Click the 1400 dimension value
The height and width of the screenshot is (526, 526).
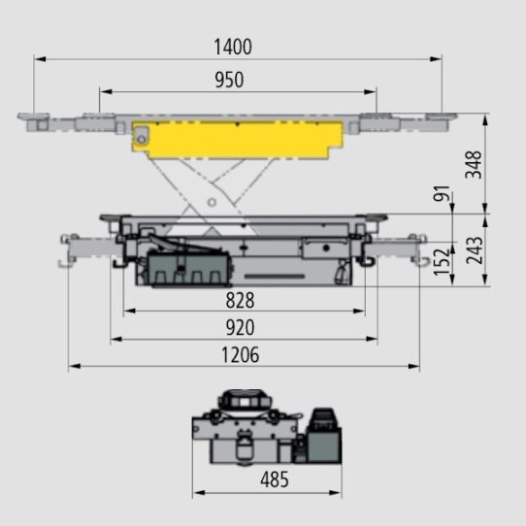(x=233, y=47)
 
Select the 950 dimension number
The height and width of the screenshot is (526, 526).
(x=229, y=80)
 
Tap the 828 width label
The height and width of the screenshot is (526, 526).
(x=240, y=300)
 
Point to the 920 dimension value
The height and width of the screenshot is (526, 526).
(x=240, y=327)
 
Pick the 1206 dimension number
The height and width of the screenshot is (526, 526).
(x=240, y=355)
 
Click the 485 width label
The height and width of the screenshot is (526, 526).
(x=275, y=479)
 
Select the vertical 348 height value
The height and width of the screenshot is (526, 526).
(x=474, y=164)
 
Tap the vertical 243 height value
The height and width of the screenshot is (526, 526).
(x=475, y=250)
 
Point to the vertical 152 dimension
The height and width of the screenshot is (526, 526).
(x=442, y=262)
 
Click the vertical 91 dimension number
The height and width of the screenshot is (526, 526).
(x=442, y=193)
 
